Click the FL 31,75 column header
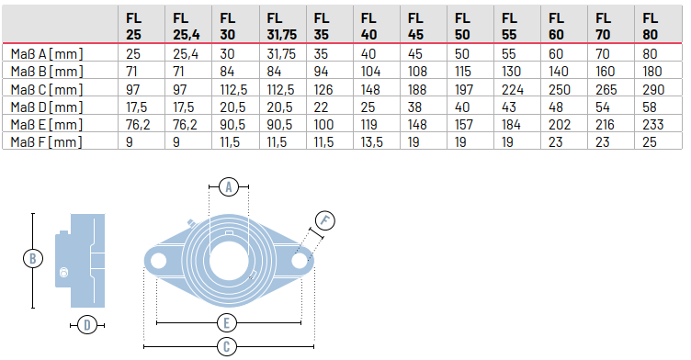(280, 25)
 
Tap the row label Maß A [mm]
(45, 53)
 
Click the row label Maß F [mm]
(45, 141)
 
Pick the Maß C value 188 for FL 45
(416, 89)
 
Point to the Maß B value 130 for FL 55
(510, 72)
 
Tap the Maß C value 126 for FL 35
(323, 89)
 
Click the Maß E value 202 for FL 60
(557, 124)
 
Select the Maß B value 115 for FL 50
(463, 72)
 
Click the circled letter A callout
(232, 186)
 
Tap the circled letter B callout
(32, 259)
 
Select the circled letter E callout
(229, 322)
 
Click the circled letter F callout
(324, 220)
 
